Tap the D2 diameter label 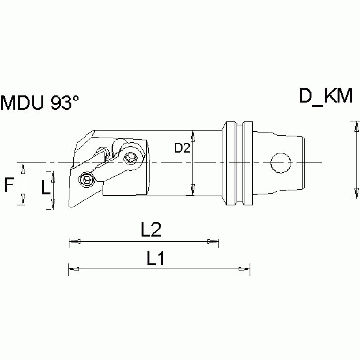(181, 148)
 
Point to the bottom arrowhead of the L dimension (53, 205)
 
